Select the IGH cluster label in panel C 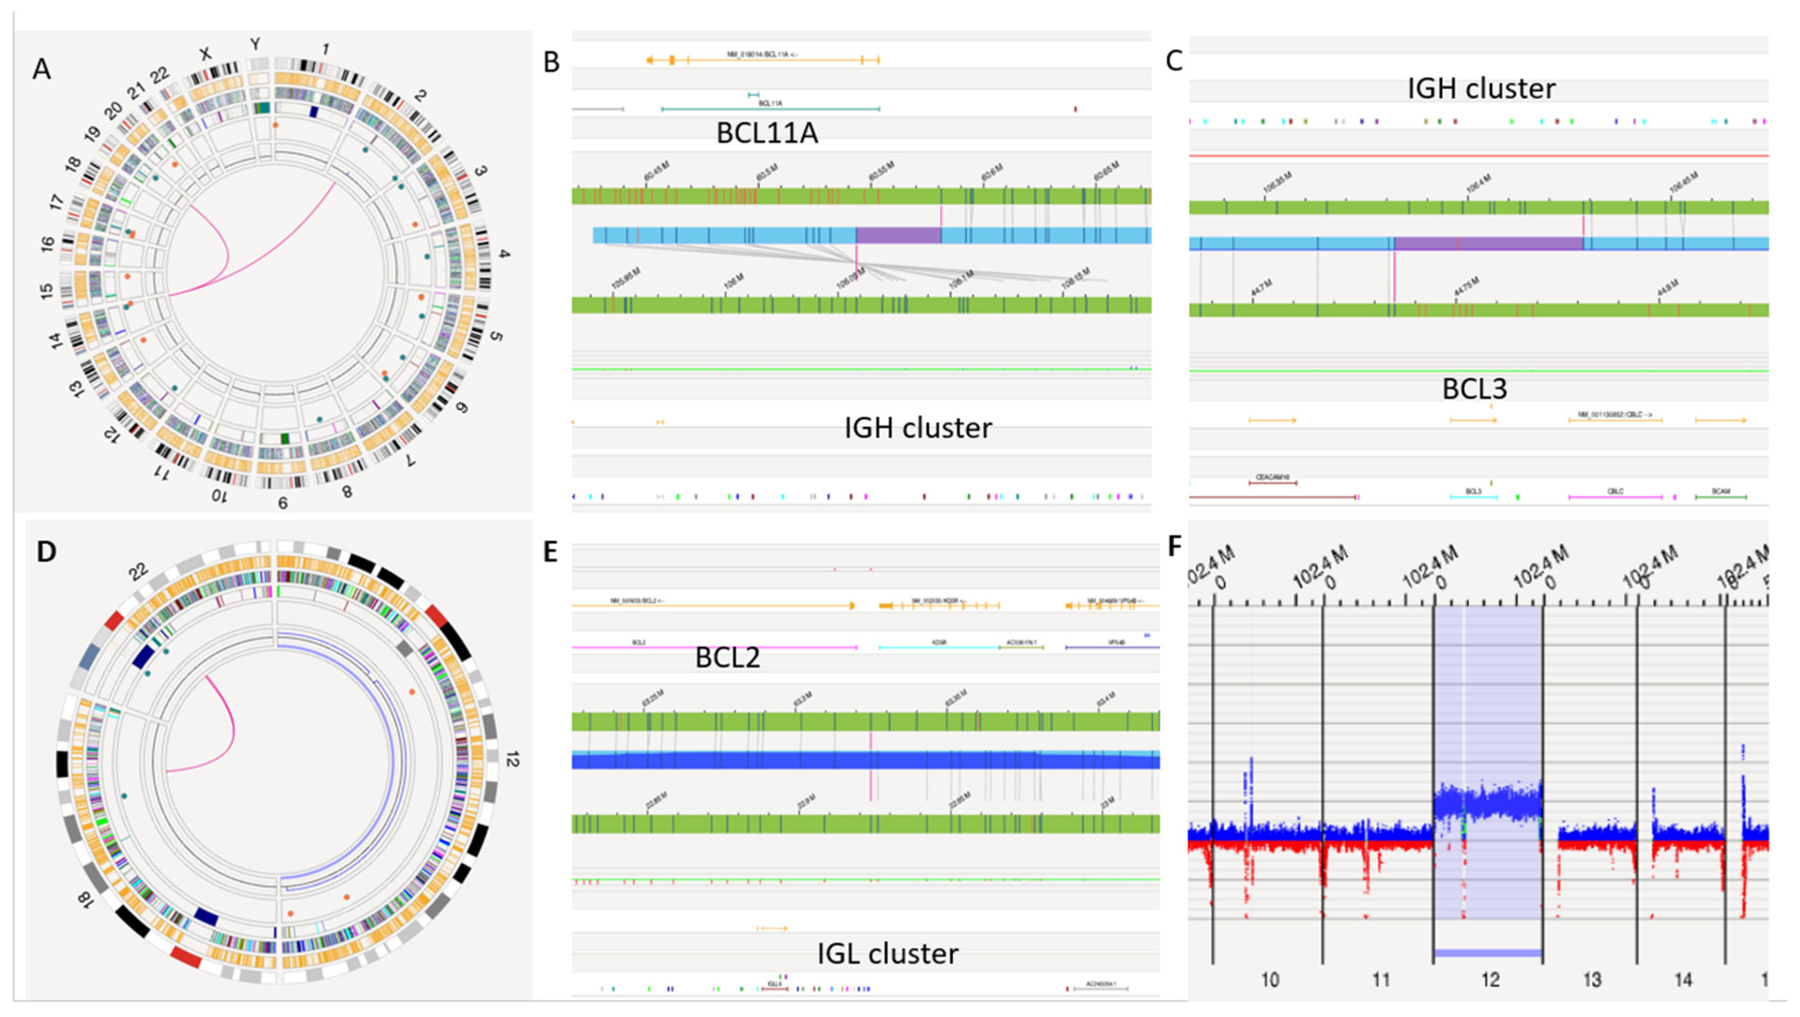click(1481, 89)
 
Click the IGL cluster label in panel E click(887, 954)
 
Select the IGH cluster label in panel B click(917, 428)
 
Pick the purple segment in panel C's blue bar click(1488, 243)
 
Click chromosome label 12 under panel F click(1490, 980)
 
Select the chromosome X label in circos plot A click(205, 54)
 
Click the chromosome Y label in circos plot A click(255, 45)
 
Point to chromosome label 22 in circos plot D click(137, 572)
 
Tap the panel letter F click(1175, 546)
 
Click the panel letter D click(46, 552)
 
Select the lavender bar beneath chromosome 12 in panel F click(1488, 953)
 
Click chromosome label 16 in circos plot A click(47, 244)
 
